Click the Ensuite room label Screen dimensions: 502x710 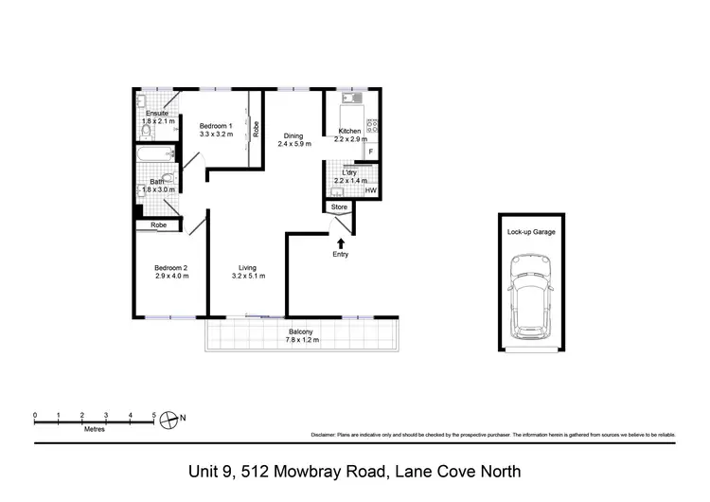pos(156,114)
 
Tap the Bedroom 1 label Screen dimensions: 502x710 pos(216,126)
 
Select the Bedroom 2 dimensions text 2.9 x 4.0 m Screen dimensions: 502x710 pos(171,278)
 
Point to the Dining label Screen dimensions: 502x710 pos(293,136)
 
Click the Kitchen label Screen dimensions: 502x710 pos(350,131)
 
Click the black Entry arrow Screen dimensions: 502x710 pos(341,243)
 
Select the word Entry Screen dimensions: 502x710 pos(341,255)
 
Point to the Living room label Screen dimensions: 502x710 pos(248,267)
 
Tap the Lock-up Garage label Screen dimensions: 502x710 pos(531,231)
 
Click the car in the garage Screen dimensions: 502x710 pos(530,297)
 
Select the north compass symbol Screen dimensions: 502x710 pos(170,417)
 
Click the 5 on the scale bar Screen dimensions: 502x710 pos(154,415)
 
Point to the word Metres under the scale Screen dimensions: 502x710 pos(94,429)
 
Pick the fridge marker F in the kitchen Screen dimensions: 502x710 pos(370,151)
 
